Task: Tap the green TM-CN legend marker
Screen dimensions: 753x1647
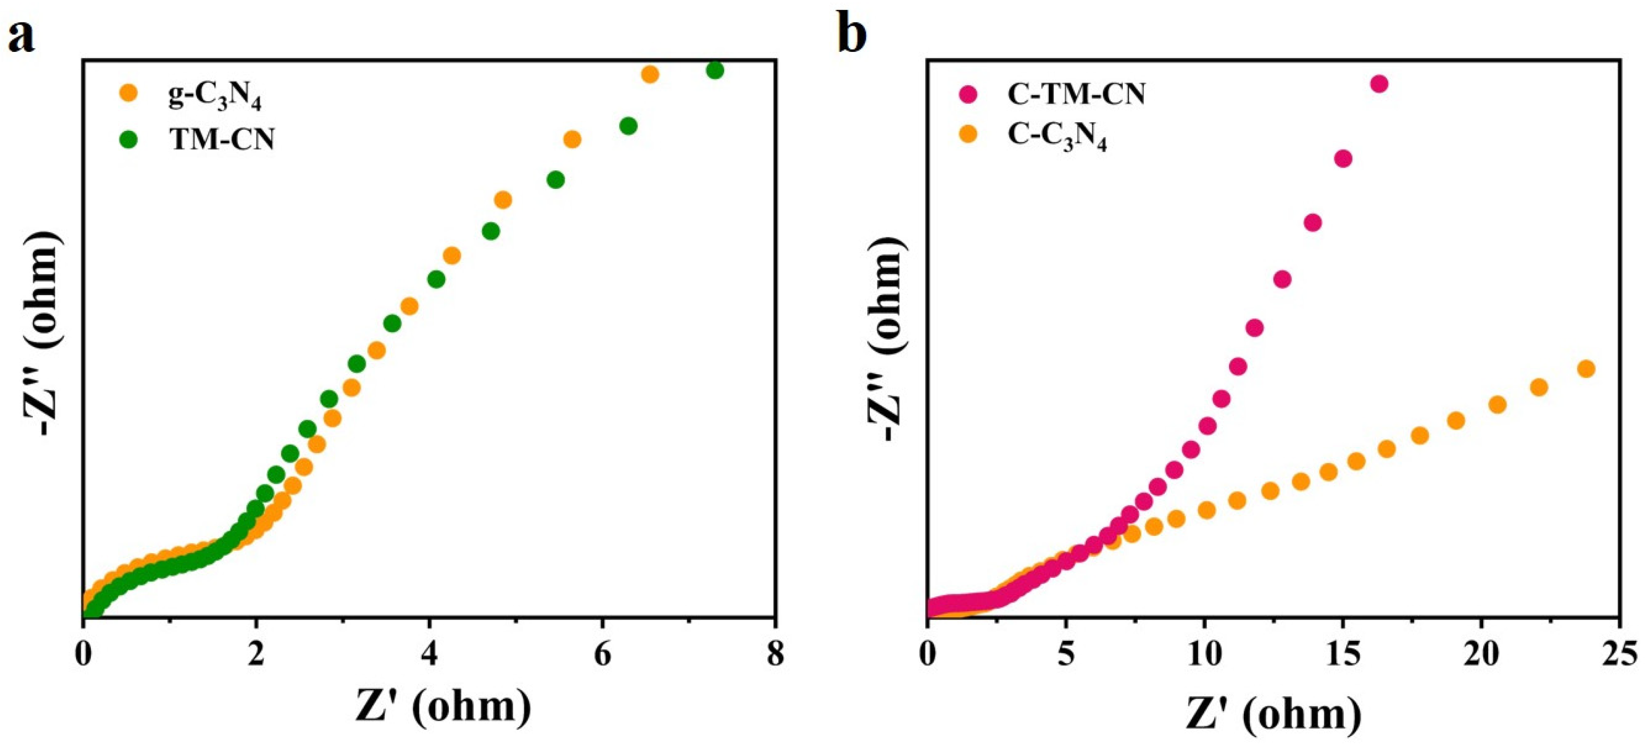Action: (x=129, y=138)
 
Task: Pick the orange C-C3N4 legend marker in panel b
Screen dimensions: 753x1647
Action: (x=969, y=135)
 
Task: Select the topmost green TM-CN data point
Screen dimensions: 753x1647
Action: (x=715, y=70)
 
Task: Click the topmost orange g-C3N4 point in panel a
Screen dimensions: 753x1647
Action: (x=650, y=75)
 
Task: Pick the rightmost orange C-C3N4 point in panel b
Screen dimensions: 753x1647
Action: (x=1586, y=369)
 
